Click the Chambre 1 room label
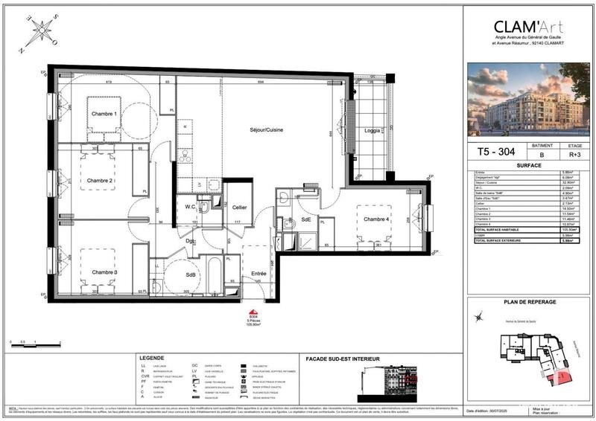click(104, 114)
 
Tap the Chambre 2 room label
click(101, 181)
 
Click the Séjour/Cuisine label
click(266, 130)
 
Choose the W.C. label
click(190, 207)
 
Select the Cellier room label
click(238, 207)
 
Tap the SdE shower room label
click(305, 220)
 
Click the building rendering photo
click(527, 100)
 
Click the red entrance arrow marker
click(253, 313)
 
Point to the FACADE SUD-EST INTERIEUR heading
click(343, 359)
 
